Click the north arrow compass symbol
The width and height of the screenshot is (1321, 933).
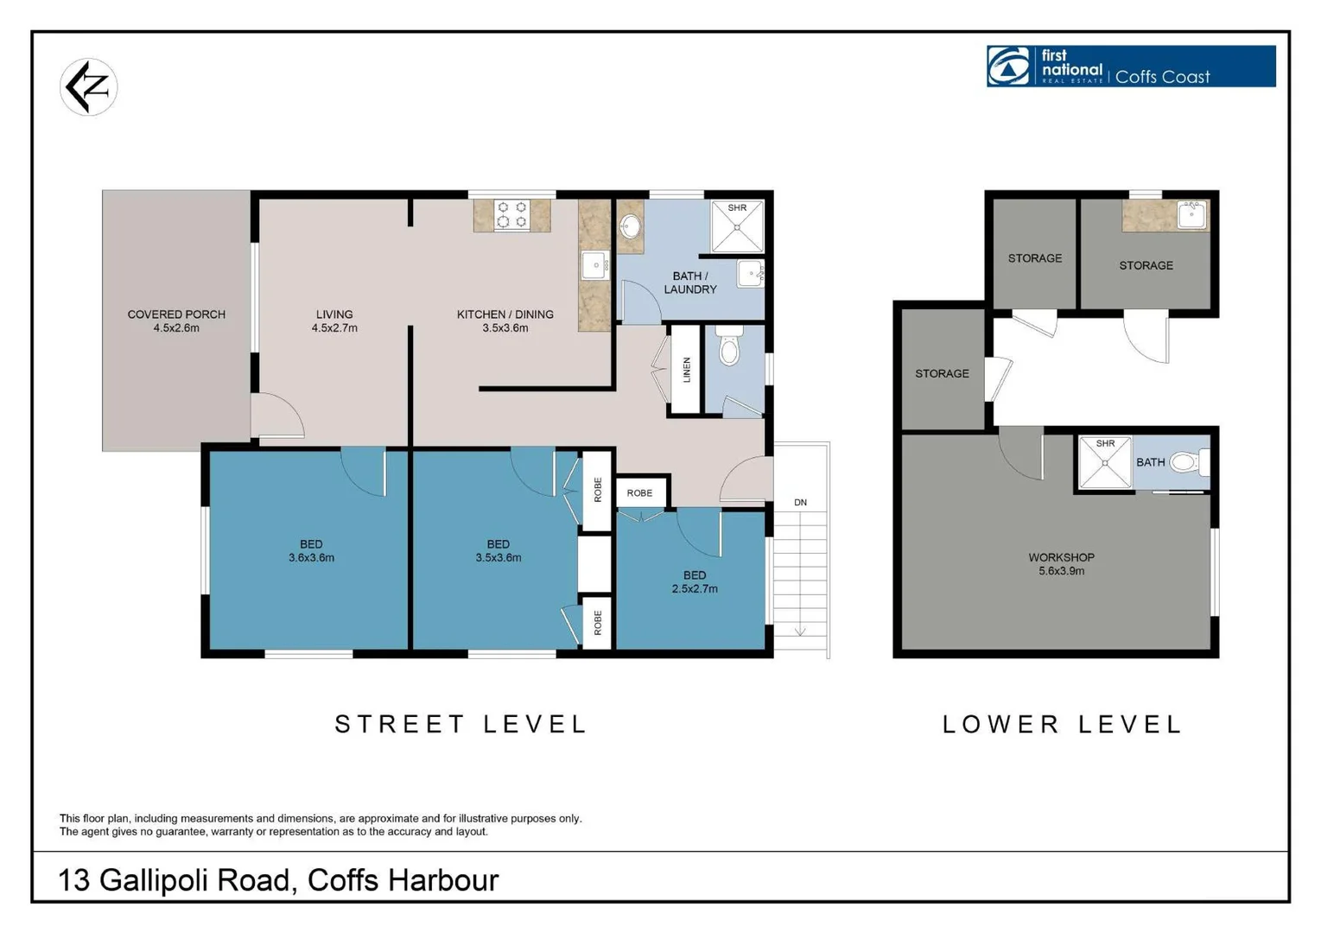pos(88,86)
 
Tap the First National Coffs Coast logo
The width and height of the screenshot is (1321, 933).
pos(1130,67)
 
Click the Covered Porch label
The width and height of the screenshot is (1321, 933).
pos(176,321)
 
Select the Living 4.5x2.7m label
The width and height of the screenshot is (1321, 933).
pos(334,321)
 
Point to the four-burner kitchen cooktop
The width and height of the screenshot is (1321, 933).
pos(511,215)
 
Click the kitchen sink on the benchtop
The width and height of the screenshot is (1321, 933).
pos(595,265)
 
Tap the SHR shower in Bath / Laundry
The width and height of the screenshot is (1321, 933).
pos(737,225)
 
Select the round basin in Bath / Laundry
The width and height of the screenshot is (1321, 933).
pos(631,226)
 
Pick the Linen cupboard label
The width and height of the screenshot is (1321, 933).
pos(687,370)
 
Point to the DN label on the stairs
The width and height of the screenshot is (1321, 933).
pos(800,502)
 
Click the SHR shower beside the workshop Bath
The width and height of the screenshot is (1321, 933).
pos(1105,463)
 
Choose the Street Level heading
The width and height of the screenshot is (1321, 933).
pos(460,724)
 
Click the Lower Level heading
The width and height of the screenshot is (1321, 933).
pos(1062,724)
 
